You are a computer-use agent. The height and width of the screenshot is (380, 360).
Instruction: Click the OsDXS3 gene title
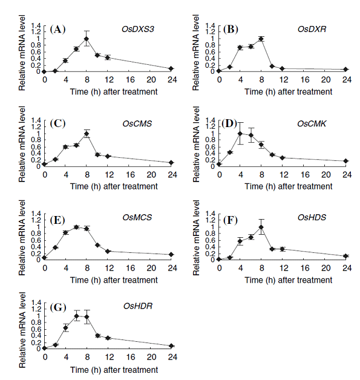click(x=137, y=29)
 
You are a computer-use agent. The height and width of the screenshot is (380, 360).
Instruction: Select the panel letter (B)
click(x=231, y=29)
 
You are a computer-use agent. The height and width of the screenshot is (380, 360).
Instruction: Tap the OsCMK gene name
click(x=312, y=124)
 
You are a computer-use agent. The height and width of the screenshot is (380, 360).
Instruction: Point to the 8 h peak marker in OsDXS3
click(x=87, y=39)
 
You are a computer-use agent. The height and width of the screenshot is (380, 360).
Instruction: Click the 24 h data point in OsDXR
click(x=345, y=70)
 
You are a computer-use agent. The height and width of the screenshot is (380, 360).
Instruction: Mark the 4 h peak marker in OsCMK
click(x=240, y=134)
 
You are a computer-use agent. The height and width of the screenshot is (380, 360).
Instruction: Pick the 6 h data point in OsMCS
click(x=76, y=227)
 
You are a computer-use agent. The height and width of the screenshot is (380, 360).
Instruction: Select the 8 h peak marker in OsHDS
click(x=261, y=227)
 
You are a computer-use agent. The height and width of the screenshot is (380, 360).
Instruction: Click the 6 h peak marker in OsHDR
click(x=77, y=316)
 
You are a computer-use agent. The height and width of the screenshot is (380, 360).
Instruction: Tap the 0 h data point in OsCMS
click(x=44, y=164)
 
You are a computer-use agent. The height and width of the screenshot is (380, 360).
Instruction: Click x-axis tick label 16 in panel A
click(x=130, y=80)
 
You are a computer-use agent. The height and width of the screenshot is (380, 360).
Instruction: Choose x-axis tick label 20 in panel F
click(x=326, y=268)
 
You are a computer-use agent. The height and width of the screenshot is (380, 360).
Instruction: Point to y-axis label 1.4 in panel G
click(x=36, y=303)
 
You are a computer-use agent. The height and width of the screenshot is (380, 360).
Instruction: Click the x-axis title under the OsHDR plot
click(x=114, y=370)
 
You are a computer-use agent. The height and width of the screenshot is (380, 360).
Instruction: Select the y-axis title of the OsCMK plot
click(x=196, y=144)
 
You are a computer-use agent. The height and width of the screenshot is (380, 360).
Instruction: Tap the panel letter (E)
click(x=57, y=220)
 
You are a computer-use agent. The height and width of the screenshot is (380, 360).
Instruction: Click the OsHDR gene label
click(x=138, y=306)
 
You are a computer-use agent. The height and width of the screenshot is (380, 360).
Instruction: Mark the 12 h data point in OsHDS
click(x=282, y=249)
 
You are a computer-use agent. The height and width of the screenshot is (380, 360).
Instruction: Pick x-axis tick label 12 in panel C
click(x=110, y=175)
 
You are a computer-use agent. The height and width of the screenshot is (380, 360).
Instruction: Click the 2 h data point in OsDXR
click(x=230, y=67)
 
